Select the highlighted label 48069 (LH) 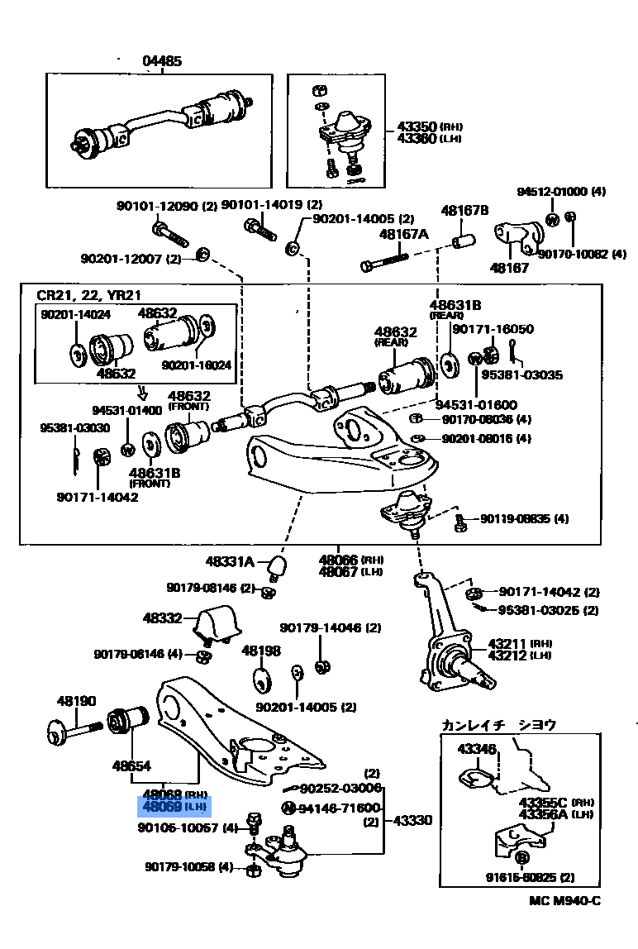point(174,806)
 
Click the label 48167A point(403,235)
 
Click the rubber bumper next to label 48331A point(279,565)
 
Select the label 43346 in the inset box point(477,750)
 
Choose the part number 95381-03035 point(521,374)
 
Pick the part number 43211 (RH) point(507,643)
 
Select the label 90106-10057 point(178,827)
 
